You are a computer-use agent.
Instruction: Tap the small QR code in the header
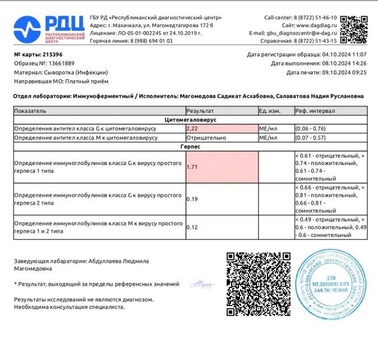click(353, 28)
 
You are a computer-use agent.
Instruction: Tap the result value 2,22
click(193, 128)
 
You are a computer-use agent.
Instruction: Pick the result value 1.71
click(193, 167)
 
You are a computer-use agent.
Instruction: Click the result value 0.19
click(193, 199)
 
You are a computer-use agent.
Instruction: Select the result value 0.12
click(193, 227)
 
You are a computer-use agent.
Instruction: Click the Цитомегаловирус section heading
click(190, 120)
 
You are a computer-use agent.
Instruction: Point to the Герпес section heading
click(190, 146)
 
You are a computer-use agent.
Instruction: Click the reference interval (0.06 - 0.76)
click(310, 128)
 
